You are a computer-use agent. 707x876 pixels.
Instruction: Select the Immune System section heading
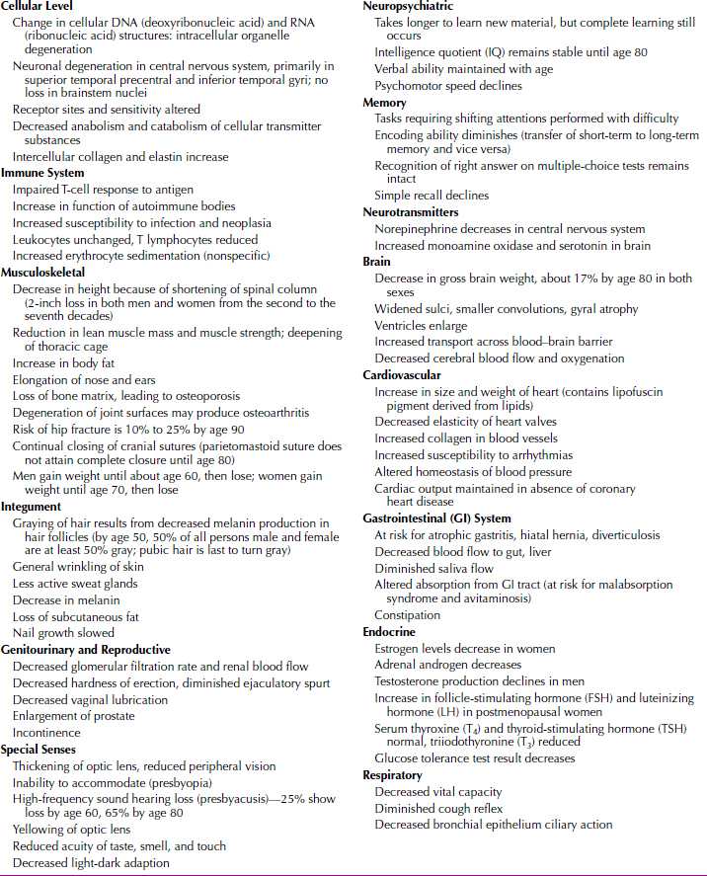[x=42, y=173]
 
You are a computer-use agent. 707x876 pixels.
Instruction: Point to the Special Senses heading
[x=40, y=750]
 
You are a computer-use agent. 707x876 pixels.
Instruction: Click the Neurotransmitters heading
[x=410, y=212]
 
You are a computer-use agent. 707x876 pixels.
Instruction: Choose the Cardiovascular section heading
[x=402, y=375]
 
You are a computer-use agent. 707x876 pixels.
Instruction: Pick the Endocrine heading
[x=389, y=632]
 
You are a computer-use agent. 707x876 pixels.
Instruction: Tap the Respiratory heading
[x=392, y=775]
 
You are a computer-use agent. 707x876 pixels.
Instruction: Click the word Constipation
[x=408, y=615]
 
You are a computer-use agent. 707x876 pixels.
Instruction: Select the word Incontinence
[x=47, y=733]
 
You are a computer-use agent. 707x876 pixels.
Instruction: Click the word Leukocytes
[x=44, y=239]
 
